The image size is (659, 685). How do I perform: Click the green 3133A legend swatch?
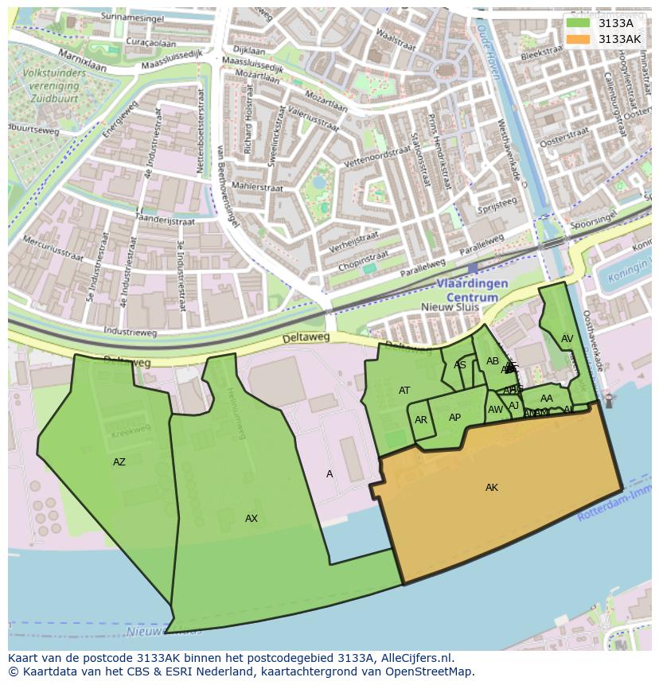click(x=578, y=23)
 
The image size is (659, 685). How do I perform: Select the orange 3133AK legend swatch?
click(x=578, y=39)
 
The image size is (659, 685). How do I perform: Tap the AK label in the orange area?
click(x=492, y=488)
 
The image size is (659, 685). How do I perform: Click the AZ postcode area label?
click(x=119, y=462)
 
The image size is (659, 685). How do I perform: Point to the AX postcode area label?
click(x=252, y=519)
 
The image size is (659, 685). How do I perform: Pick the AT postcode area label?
click(x=404, y=391)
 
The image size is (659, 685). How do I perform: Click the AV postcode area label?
click(x=567, y=339)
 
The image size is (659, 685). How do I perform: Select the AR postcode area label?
click(x=421, y=420)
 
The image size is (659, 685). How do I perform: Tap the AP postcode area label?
click(x=454, y=418)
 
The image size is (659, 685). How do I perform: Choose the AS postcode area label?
click(x=460, y=365)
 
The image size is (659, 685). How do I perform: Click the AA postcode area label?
click(x=546, y=399)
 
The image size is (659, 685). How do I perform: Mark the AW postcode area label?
click(x=496, y=410)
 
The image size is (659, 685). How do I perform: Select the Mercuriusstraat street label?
click(x=53, y=247)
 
